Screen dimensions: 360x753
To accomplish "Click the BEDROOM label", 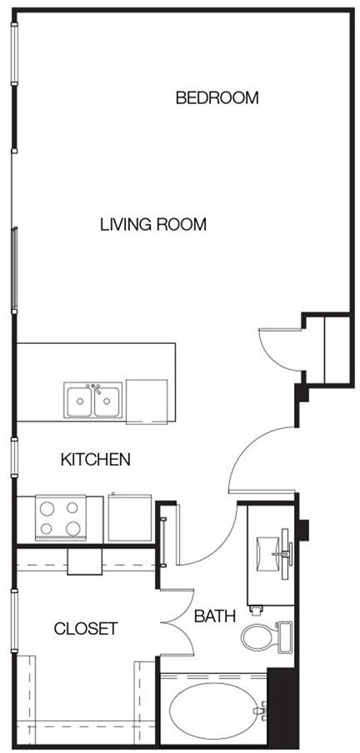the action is (x=217, y=98).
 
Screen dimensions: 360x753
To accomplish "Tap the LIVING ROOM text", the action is (x=153, y=224).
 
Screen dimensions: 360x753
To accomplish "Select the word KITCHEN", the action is (x=96, y=460).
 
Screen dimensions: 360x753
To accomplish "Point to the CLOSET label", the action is (x=86, y=628).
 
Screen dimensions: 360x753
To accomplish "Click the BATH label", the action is (x=215, y=616).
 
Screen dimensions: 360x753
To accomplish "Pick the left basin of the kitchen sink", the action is (x=79, y=401).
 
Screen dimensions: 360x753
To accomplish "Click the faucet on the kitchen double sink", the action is (x=94, y=387).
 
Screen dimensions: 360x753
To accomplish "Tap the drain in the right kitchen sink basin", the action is (x=106, y=401).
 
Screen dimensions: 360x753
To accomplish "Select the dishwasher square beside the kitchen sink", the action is (x=147, y=401).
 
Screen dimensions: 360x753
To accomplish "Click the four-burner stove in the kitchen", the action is (x=61, y=518).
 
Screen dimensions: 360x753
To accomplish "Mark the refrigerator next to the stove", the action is (x=130, y=518).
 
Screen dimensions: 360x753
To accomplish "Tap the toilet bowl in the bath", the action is (x=258, y=637).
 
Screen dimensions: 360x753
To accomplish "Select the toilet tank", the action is (x=284, y=637).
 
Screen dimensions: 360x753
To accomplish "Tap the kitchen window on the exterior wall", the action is (x=14, y=458).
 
